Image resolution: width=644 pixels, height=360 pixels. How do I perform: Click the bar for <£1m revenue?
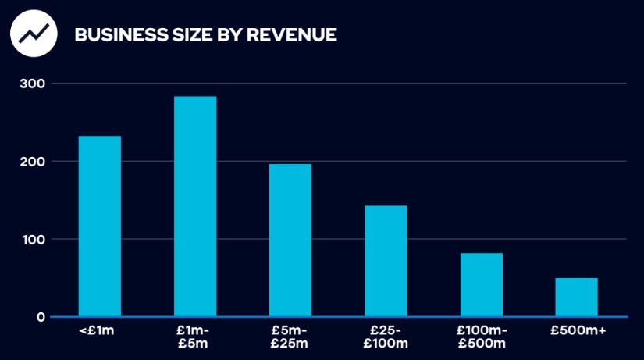(100, 226)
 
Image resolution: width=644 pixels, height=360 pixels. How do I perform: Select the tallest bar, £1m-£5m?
(195, 207)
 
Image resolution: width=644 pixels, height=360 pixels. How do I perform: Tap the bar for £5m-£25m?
(290, 241)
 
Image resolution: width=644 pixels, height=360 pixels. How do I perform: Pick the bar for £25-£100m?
(386, 262)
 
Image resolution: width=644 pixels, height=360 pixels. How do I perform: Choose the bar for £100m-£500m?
(481, 285)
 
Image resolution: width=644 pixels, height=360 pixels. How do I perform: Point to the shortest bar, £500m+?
(576, 298)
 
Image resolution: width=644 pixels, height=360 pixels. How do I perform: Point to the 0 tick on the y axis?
(41, 317)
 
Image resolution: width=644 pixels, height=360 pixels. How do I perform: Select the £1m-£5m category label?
(195, 337)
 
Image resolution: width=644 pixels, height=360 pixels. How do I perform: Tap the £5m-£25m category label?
(290, 337)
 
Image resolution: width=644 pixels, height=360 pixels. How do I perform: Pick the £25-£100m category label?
(386, 337)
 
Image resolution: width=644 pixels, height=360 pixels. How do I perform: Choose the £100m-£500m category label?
(481, 337)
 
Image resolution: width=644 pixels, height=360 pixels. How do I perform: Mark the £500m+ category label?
(576, 332)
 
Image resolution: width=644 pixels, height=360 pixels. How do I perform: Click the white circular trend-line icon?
(34, 34)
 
